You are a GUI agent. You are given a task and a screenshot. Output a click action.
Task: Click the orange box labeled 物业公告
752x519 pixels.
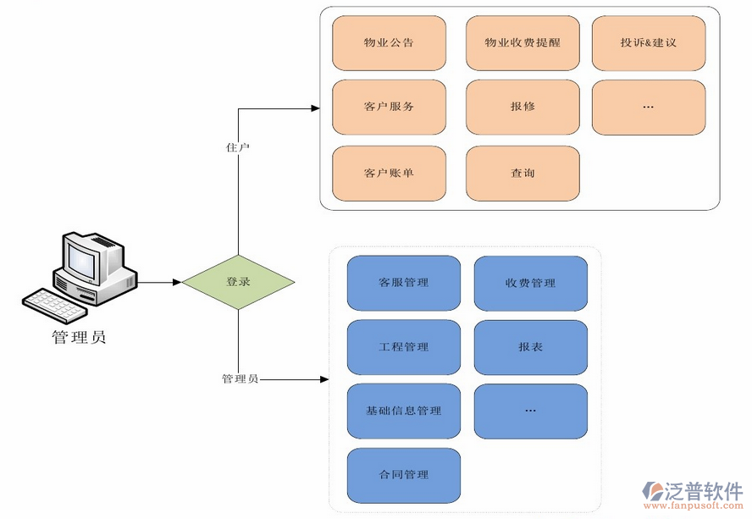pos(389,42)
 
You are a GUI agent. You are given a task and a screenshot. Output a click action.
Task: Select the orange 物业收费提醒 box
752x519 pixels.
pos(523,42)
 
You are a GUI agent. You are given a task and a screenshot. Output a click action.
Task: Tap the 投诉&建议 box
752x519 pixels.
pos(648,42)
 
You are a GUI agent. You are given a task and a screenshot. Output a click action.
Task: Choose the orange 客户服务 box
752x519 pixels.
pos(389,108)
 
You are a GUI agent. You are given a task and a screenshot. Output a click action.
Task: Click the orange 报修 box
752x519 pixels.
pos(523,108)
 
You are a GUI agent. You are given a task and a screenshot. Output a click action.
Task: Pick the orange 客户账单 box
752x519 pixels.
pos(389,174)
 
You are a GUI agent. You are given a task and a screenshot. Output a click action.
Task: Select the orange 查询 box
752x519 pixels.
pos(523,174)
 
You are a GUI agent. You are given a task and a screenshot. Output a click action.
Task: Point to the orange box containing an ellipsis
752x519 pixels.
pos(648,108)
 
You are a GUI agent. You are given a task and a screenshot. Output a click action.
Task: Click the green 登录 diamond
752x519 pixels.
pos(238,282)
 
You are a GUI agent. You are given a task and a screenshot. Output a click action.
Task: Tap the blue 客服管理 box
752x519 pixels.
pos(404,284)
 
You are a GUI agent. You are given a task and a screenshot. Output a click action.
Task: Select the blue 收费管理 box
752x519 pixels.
pos(530,284)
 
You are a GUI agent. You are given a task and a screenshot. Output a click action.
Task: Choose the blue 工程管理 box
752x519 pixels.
pos(404,348)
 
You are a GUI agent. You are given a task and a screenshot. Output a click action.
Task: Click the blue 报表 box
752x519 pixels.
pos(530,348)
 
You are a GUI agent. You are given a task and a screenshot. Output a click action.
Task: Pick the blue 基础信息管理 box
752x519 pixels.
pos(404,411)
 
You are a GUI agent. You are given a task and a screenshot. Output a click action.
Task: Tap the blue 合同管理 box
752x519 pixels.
pos(404,476)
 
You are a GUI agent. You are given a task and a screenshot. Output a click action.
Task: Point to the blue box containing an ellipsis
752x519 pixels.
pos(530,411)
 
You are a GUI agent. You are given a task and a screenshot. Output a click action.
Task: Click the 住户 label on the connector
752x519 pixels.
pos(238,147)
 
